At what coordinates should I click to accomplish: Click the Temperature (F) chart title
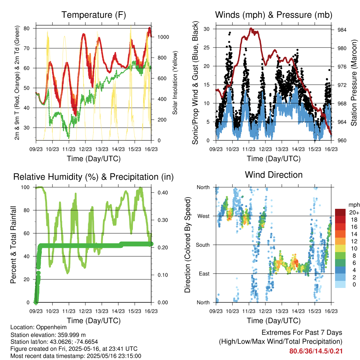94,15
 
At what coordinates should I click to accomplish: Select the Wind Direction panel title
274,175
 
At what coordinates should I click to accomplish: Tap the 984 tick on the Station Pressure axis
342,30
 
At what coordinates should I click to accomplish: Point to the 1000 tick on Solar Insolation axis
163,37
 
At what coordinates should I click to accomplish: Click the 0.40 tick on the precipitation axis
163,193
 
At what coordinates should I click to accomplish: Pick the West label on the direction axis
204,216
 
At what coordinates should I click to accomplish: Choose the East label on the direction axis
204,274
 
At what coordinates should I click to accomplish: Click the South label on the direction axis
203,245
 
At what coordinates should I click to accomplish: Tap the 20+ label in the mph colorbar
354,212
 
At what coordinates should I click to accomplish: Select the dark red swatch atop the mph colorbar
340,212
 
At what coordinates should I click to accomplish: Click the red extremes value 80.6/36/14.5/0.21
316,351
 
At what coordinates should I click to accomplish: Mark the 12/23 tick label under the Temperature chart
85,149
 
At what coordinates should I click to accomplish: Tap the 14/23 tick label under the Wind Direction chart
298,311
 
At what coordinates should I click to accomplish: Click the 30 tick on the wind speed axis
206,29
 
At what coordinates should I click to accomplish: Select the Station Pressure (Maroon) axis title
354,83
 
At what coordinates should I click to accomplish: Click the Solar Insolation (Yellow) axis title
175,83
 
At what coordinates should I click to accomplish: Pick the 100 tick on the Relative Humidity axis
25,187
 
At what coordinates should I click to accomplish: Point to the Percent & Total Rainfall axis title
13,245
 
